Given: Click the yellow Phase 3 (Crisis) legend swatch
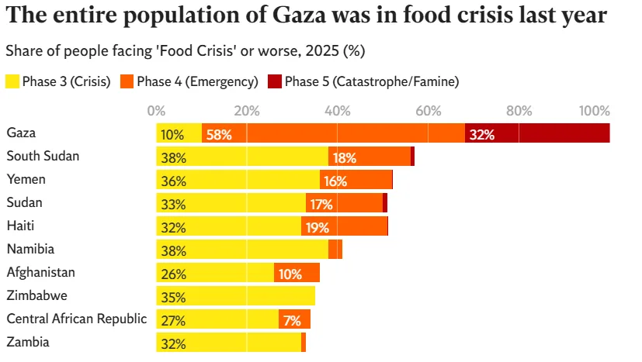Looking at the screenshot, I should click(12, 81).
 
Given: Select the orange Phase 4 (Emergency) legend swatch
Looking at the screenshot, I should click(125, 81).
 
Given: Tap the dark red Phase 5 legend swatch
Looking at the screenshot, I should click(274, 81).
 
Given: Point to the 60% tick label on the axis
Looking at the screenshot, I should click(428, 110).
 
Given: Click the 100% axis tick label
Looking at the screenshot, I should click(595, 110).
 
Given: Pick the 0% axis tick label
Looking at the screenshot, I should click(156, 110).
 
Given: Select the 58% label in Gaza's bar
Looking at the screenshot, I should click(219, 134).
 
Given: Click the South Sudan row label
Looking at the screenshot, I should click(43, 156).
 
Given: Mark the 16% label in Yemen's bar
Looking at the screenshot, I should click(335, 181).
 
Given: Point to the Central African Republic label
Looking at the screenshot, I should click(76, 319).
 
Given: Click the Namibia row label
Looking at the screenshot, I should click(30, 249).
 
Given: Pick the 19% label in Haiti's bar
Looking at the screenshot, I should click(318, 227).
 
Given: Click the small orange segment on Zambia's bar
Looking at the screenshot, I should click(304, 343).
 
